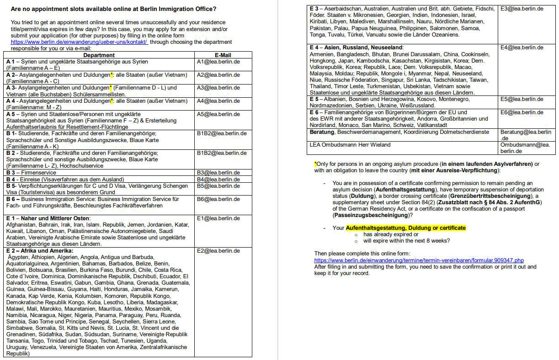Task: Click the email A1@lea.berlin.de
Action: click(x=218, y=62)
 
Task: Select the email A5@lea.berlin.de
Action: click(x=218, y=114)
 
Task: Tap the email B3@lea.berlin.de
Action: click(x=218, y=173)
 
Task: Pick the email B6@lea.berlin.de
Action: click(x=218, y=199)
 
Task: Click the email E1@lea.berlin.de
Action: click(x=218, y=218)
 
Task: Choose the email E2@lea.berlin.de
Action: click(x=218, y=251)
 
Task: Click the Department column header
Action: click(x=99, y=55)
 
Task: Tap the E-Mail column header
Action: click(x=223, y=55)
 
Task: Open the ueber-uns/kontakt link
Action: click(x=79, y=42)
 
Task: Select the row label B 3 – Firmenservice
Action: click(x=32, y=173)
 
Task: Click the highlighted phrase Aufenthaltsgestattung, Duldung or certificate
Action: click(x=405, y=228)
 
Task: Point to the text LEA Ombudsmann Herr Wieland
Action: click(x=350, y=145)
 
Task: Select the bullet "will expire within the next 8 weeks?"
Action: click(x=406, y=241)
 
